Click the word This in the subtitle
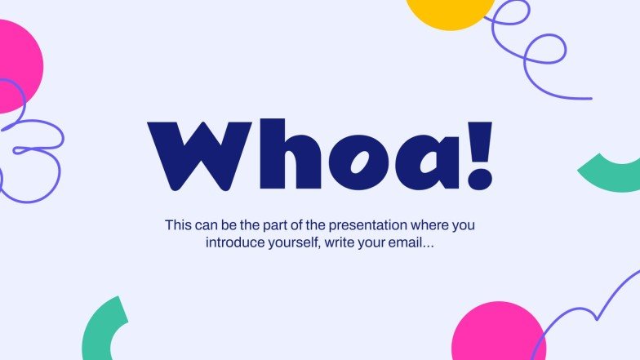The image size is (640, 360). pos(178,224)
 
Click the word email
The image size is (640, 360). pos(414,242)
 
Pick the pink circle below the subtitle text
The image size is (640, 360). pos(496,332)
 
